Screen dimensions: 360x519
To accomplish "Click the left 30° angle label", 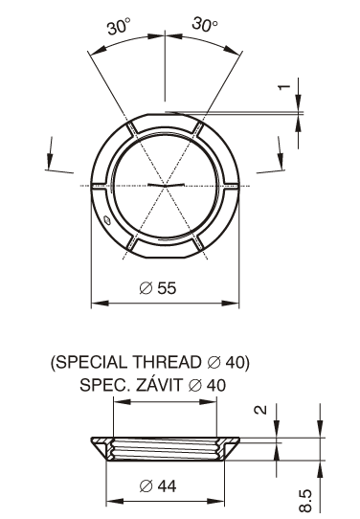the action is (119, 26).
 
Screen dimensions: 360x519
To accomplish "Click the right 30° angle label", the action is (205, 25).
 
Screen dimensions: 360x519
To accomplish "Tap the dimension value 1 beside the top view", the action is (283, 87).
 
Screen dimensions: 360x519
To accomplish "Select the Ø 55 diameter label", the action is (158, 288).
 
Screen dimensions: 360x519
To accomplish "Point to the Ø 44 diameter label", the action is (158, 486).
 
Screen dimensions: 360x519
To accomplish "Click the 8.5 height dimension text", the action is (305, 501).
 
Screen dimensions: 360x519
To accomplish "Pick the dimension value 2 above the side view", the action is (260, 410).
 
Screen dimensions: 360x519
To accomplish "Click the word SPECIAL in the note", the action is (91, 362).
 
